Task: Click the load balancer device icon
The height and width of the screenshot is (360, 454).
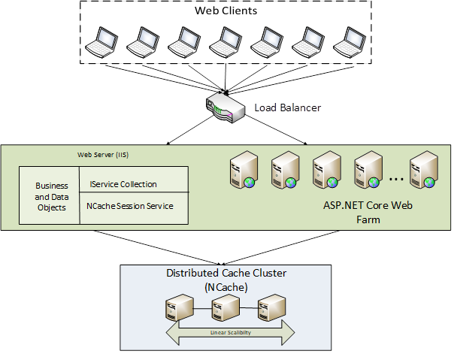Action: click(x=223, y=109)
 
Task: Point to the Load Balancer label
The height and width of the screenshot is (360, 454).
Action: click(x=287, y=107)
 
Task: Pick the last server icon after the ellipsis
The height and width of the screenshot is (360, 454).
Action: click(x=424, y=171)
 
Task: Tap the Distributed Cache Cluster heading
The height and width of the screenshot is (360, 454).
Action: click(x=227, y=273)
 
